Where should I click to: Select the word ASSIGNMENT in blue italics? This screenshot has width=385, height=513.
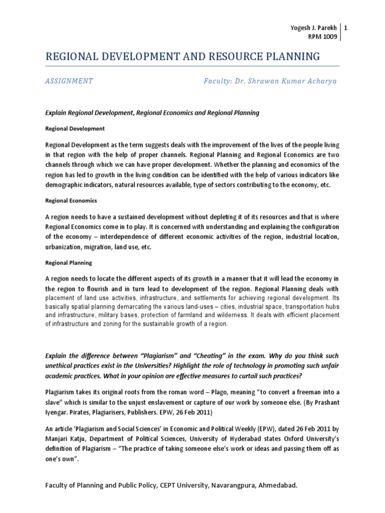coord(69,81)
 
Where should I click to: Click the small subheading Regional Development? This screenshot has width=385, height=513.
coord(75,129)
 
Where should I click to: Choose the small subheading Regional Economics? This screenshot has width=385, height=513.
coord(71,200)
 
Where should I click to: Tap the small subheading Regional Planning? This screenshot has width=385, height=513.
coord(69,263)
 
